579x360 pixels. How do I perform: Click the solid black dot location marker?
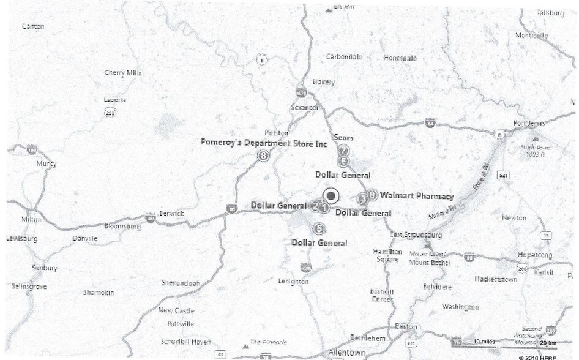coord(331,195)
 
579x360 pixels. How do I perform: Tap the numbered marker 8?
coord(263,156)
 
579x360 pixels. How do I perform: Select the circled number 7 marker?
coord(343,150)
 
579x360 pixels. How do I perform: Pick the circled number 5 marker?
coord(318,229)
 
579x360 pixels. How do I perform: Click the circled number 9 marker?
coord(372,195)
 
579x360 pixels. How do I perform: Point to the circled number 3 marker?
coord(363,198)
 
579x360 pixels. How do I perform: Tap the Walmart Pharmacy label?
coord(417,197)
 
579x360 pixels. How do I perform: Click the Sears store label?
coord(344,138)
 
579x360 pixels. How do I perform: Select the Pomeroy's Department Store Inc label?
coord(264,142)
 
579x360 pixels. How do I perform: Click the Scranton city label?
coord(305,108)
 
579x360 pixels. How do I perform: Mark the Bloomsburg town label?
coord(123,227)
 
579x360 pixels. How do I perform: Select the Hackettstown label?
coord(496,279)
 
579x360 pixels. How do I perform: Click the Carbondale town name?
coord(344,57)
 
